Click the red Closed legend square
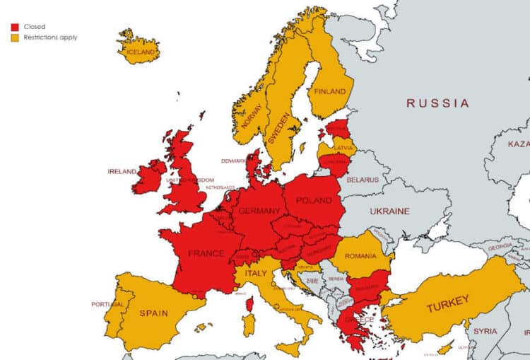(14, 27)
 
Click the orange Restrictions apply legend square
(14, 37)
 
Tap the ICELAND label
(140, 52)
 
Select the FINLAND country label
(330, 91)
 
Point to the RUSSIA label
(437, 103)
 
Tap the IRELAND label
(121, 171)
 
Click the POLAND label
(313, 200)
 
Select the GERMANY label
(259, 211)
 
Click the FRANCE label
(206, 253)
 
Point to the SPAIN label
(153, 312)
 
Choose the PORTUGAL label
(107, 304)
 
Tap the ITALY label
(255, 272)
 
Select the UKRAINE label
(389, 211)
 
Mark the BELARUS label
(363, 180)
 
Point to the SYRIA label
(485, 331)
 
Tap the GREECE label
(359, 319)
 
